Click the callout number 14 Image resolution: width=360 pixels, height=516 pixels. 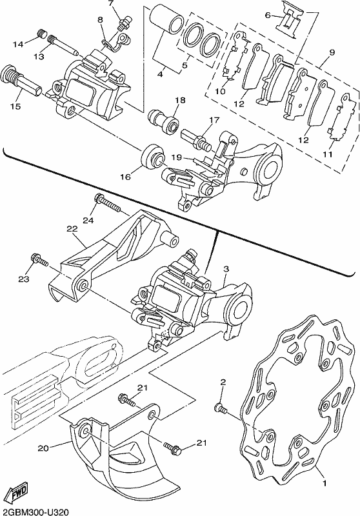pos(19,44)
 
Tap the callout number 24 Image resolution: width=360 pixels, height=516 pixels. pos(88,220)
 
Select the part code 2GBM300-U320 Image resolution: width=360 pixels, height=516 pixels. pos(35,511)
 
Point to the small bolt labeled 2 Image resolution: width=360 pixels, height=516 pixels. pos(221,409)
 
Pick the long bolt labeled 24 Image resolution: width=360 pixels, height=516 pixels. pos(107,203)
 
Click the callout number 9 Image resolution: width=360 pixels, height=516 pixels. pos(332,53)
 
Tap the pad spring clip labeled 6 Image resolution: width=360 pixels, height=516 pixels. pos(290,20)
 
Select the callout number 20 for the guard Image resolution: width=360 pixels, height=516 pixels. pos(43,448)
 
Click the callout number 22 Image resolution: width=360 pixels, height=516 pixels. pos(72,229)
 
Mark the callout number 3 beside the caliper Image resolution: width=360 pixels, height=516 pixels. pos(226,269)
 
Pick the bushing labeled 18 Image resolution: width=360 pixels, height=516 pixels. pos(163,121)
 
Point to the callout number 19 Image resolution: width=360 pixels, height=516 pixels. pos(177,157)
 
